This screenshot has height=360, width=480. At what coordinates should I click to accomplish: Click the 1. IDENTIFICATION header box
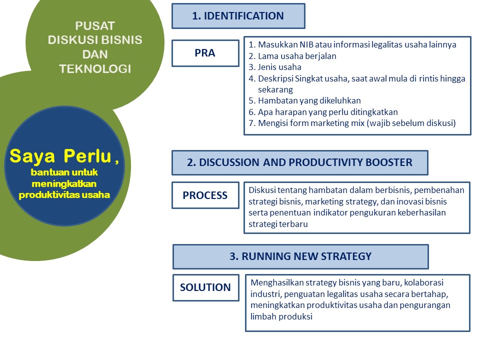tap(238, 16)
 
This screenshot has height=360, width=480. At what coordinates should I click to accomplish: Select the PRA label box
tap(205, 53)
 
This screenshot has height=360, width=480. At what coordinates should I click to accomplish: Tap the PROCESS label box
tap(205, 195)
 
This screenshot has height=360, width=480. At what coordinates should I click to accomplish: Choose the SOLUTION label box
tap(205, 287)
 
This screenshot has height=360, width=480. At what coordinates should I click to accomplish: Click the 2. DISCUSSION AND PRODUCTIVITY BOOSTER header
tap(299, 162)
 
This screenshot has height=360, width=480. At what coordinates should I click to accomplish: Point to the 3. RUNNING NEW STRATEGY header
tap(300, 256)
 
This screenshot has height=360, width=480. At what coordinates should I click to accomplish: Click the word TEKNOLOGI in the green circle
tap(95, 69)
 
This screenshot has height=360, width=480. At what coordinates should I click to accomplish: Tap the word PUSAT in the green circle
tap(95, 25)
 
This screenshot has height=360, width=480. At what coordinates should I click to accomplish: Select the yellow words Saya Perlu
tap(60, 156)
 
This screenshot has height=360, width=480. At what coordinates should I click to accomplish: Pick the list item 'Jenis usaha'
tap(279, 67)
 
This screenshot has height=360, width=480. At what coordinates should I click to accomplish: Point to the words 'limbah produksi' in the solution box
tap(281, 317)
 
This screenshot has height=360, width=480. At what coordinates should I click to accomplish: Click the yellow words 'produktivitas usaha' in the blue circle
tap(64, 195)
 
